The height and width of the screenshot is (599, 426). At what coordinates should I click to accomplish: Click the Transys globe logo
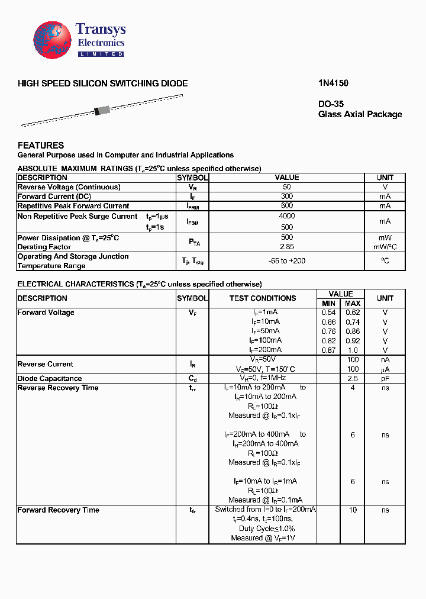click(52, 40)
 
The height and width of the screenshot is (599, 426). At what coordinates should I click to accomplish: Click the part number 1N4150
click(329, 83)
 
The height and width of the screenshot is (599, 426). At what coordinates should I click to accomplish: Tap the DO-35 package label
click(331, 104)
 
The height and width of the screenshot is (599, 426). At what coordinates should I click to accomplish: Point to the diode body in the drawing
click(102, 110)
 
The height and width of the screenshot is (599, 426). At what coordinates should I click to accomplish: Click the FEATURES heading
click(41, 145)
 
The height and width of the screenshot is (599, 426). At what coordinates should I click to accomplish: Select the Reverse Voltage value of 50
click(287, 187)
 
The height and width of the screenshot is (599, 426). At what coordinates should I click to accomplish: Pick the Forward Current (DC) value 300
click(287, 197)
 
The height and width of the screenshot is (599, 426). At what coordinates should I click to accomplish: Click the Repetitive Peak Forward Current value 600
click(287, 206)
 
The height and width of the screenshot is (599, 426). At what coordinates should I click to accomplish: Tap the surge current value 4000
click(287, 216)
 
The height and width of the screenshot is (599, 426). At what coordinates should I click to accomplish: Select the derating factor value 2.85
click(287, 247)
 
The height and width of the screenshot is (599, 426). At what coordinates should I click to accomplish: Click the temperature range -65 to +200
click(287, 261)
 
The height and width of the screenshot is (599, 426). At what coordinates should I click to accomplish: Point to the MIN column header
click(328, 303)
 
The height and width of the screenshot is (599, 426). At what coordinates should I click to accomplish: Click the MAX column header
click(353, 303)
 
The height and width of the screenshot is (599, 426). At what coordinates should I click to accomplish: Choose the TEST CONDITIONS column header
click(263, 298)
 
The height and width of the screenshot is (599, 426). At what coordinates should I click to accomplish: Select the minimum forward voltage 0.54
click(328, 313)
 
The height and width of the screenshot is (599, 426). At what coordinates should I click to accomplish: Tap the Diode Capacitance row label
click(50, 378)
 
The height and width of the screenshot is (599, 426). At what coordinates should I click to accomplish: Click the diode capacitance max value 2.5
click(353, 378)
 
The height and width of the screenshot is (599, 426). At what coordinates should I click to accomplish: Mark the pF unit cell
click(385, 378)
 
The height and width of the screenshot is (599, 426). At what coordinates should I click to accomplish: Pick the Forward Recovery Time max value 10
click(353, 510)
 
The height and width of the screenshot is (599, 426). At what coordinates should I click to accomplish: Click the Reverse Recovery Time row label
click(58, 388)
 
